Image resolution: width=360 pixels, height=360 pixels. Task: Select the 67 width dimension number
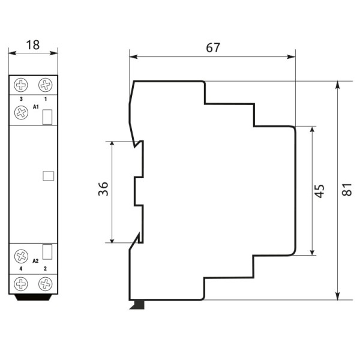tap(212, 47)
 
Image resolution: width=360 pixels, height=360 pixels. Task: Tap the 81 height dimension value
tap(346, 190)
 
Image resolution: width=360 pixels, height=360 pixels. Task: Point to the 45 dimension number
tap(320, 191)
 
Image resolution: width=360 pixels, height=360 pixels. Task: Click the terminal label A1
tap(36, 107)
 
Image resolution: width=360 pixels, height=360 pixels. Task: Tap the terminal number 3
tap(22, 98)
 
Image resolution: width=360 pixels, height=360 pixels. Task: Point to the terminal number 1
tap(45, 98)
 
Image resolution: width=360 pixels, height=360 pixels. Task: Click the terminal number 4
tap(22, 269)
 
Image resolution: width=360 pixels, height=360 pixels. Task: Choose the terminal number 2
tap(45, 269)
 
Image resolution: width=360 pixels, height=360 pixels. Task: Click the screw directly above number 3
tap(22, 85)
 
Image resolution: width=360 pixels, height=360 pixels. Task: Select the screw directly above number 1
tap(45, 85)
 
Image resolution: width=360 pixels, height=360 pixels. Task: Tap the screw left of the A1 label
tap(22, 112)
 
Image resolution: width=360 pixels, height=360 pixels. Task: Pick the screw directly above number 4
tap(22, 256)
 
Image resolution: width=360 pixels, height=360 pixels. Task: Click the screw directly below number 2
tap(45, 283)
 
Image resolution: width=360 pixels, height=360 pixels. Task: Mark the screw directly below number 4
tap(22, 283)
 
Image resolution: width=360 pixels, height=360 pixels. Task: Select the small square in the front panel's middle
tap(49, 176)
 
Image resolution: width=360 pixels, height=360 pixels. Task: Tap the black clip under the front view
tap(33, 297)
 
